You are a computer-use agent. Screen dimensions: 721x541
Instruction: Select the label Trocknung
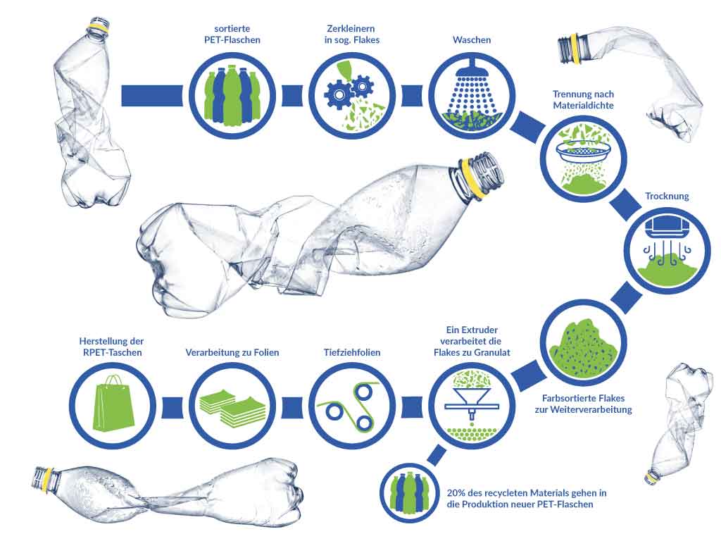coord(667,196)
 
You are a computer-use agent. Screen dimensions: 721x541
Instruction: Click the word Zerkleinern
coord(352,28)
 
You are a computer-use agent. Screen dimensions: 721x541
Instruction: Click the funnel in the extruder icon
coord(472,399)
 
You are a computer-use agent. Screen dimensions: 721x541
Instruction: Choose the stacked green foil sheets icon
coord(232,407)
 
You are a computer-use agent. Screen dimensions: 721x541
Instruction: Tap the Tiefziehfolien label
coord(352,352)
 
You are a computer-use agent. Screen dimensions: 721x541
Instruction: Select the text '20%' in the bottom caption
coord(457,492)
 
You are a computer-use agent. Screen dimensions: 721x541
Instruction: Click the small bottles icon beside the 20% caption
coord(409,492)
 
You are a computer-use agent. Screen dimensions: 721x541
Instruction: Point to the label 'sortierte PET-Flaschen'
coord(232,35)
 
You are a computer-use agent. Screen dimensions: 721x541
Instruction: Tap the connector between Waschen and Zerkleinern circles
coord(412,96)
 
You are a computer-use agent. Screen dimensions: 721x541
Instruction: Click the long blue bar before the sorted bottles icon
coord(152,96)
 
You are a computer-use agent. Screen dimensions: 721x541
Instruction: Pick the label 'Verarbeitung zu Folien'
coord(232,352)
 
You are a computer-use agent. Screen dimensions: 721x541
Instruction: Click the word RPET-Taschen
coord(112,352)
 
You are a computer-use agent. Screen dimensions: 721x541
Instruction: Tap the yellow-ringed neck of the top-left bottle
coord(99,27)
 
